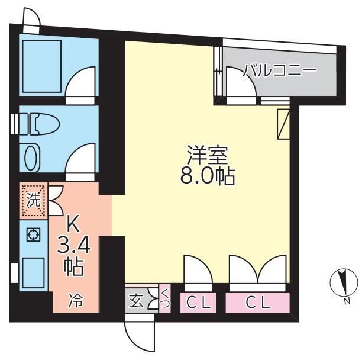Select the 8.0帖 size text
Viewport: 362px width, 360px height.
pos(208,177)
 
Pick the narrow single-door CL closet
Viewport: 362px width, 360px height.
pos(198,303)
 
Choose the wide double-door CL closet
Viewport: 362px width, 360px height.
pos(257,303)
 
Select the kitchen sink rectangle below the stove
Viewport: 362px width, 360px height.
pos(33,273)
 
